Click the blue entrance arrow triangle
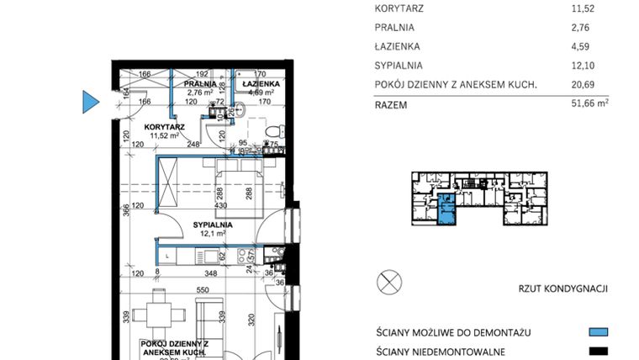coord(90,102)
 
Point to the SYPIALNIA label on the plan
coord(212,225)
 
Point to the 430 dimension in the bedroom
coord(222,205)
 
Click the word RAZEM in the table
coord(392,106)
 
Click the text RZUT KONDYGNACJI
coord(563,289)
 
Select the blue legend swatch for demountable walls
coord(598,331)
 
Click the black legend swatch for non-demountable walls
coord(598,352)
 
